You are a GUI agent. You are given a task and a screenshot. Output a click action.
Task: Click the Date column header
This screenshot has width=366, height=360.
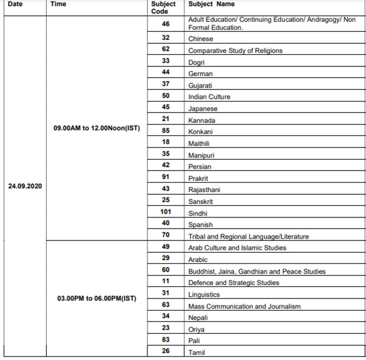point(15,4)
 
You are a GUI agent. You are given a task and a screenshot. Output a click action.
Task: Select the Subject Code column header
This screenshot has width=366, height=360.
point(163,7)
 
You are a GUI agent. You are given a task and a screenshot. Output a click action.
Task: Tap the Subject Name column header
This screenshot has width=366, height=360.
point(211,4)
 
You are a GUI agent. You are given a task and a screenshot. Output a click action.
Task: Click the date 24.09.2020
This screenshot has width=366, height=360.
point(25,185)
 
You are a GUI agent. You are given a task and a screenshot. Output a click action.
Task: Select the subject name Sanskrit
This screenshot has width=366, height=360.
point(201,201)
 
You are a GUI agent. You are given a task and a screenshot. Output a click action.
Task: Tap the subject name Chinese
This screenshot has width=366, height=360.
point(201,39)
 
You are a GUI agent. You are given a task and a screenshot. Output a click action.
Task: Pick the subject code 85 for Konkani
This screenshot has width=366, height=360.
point(166,131)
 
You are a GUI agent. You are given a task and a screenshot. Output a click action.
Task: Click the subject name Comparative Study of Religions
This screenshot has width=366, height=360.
point(235,50)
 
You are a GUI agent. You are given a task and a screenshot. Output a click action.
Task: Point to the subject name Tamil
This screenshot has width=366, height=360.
point(197,352)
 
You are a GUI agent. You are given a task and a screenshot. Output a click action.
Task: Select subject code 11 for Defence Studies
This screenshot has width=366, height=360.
point(166,282)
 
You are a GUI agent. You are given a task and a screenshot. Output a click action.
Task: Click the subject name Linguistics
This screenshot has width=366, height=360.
point(204,294)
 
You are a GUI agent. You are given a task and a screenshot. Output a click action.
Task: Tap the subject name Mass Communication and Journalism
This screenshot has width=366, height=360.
point(244,306)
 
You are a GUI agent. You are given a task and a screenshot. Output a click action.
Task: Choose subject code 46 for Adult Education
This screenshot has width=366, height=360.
point(166,24)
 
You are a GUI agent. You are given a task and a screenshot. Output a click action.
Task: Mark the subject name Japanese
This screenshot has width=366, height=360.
point(203,109)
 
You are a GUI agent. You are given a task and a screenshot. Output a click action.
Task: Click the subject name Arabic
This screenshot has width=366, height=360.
point(198,259)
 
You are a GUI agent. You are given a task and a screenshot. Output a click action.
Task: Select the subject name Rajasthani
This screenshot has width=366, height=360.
point(204,190)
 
